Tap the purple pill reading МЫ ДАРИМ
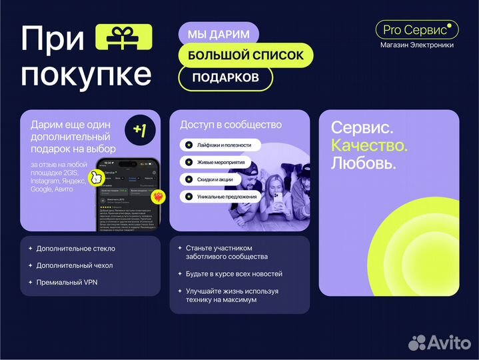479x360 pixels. point(219,33)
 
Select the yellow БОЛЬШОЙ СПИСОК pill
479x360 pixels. point(245,55)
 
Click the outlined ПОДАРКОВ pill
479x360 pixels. point(225,77)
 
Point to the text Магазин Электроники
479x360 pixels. point(417,45)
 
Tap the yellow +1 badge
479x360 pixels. point(140,130)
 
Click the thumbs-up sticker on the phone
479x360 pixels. point(97,177)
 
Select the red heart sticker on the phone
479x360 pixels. point(158,197)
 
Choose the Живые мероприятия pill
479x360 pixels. point(217,162)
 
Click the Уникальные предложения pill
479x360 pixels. point(223,197)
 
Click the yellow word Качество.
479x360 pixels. point(369,145)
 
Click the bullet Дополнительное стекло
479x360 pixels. point(75,249)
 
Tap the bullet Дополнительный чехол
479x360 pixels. point(75,265)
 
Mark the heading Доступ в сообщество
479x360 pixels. point(231,125)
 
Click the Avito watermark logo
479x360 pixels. point(439,342)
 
